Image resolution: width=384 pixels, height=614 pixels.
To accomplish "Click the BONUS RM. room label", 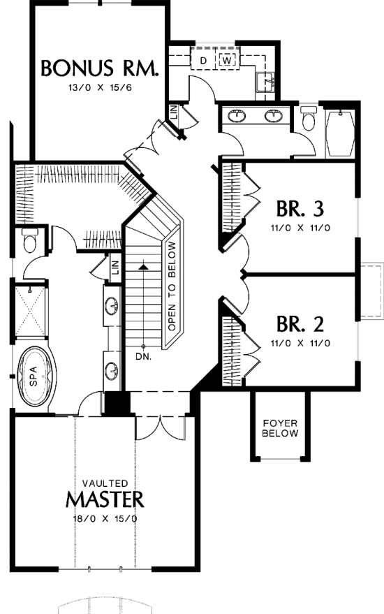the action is (100, 68).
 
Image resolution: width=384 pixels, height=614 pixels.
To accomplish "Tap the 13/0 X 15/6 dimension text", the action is (100, 87).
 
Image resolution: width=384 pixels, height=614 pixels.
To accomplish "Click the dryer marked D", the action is (203, 60).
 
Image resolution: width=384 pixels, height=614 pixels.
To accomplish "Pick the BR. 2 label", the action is (300, 324).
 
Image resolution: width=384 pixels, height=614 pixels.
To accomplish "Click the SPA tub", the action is (34, 377).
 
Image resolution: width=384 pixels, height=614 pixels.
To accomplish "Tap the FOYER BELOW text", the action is (280, 428).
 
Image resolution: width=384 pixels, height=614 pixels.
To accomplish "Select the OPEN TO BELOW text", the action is (172, 286).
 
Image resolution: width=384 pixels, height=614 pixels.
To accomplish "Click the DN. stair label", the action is (143, 357).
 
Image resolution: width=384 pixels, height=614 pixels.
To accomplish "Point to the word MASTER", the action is (105, 499).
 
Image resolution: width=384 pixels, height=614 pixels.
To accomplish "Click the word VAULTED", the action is (105, 483).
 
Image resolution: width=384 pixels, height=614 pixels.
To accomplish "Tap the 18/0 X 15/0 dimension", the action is (105, 519).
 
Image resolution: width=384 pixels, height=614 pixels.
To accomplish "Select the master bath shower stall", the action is (31, 312).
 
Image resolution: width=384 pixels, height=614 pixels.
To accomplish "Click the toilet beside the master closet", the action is (30, 240).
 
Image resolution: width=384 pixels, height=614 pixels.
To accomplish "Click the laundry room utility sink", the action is (267, 82).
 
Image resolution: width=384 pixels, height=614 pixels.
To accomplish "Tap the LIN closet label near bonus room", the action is (174, 113).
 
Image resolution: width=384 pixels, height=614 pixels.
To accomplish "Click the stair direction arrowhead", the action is (144, 267).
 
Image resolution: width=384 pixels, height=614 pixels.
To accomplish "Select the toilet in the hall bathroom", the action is (309, 118).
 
